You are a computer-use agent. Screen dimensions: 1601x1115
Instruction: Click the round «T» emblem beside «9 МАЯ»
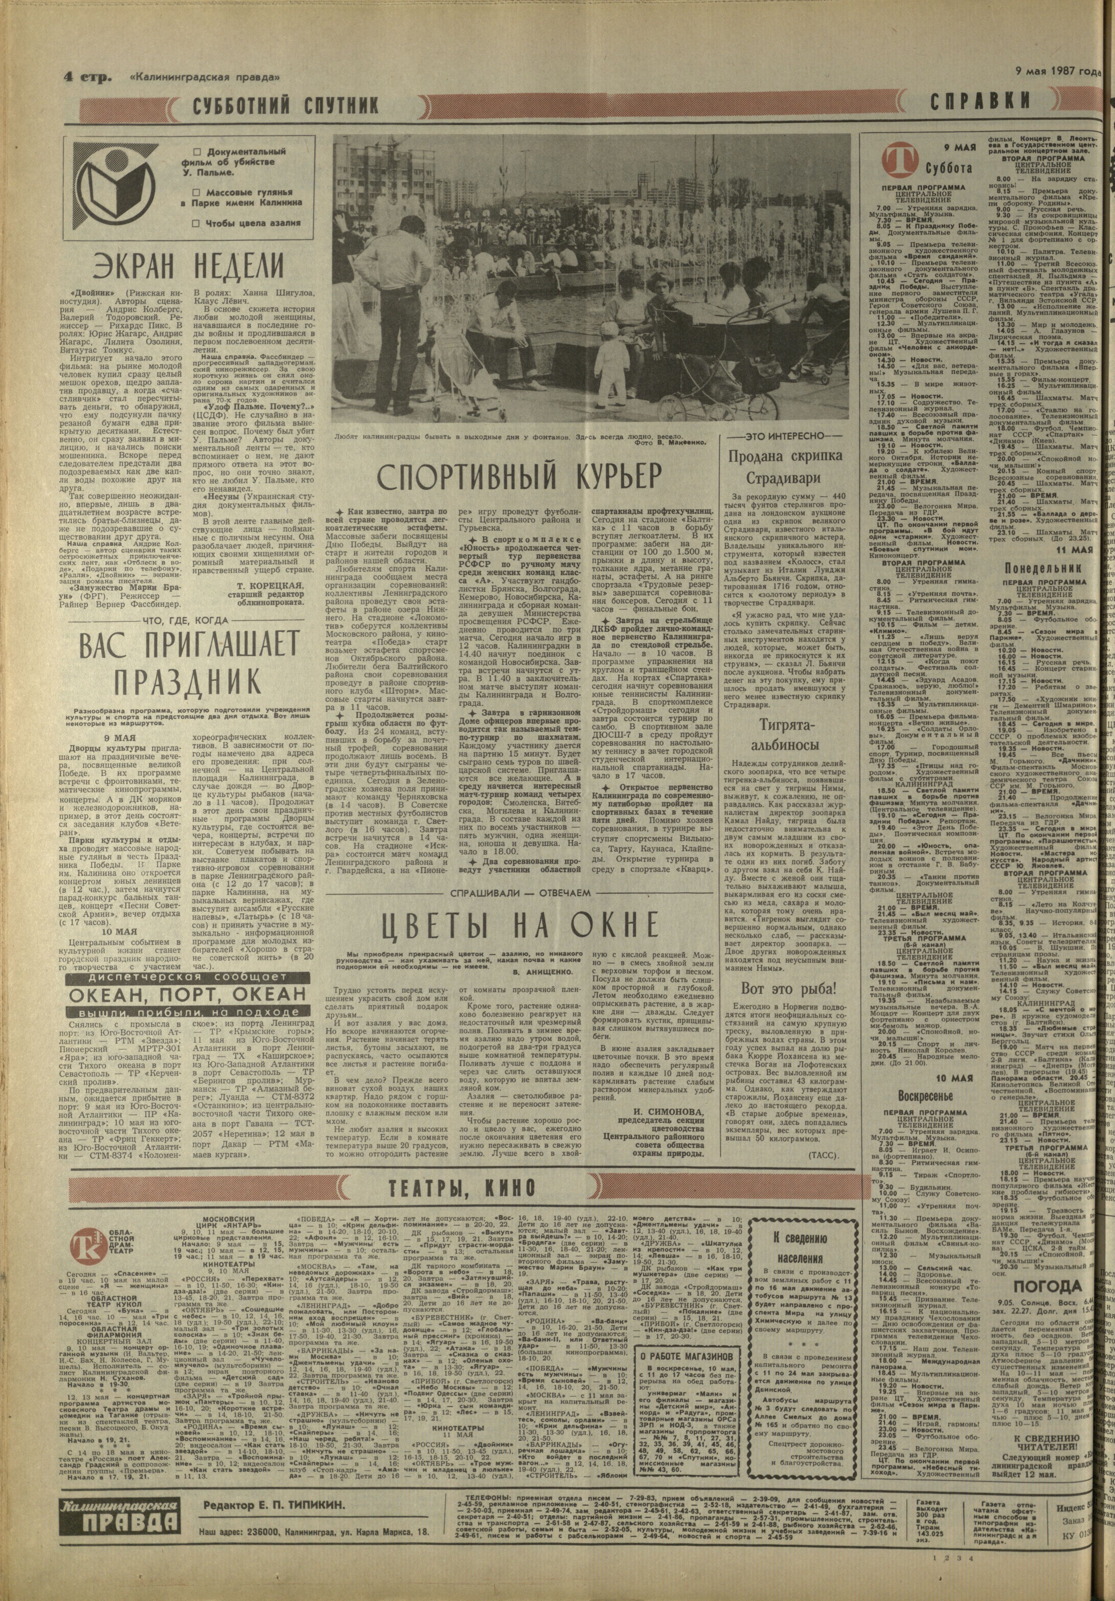[895, 160]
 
